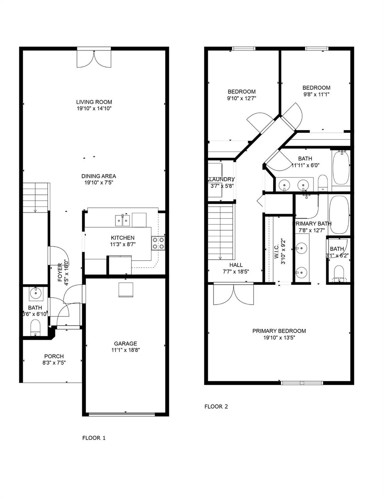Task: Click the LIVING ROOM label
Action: point(94,102)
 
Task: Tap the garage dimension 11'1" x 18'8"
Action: point(125,350)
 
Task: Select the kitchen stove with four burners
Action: point(158,243)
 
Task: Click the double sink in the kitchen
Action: point(122,220)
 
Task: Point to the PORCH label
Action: point(54,356)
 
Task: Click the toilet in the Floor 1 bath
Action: point(35,327)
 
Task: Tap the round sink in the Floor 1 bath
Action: point(35,294)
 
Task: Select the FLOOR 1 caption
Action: point(94,438)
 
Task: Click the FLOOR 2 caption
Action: point(216,407)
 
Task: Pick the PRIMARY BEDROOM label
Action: point(279,331)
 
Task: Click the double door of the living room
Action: point(94,58)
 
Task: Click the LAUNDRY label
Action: point(221,179)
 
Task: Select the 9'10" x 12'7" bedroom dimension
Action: point(242,99)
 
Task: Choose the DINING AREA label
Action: point(98,176)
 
